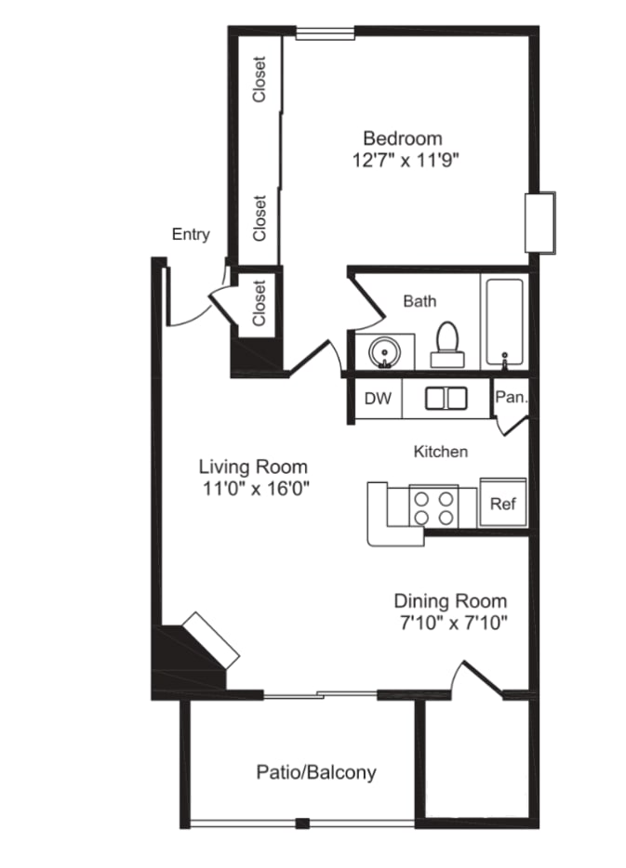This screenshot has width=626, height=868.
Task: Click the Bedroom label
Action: (x=402, y=138)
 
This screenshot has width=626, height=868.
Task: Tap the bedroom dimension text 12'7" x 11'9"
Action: (x=406, y=161)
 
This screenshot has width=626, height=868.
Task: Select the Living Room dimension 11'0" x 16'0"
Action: (x=256, y=489)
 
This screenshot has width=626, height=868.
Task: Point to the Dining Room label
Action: (x=450, y=600)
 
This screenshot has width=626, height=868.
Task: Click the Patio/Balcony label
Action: (x=316, y=771)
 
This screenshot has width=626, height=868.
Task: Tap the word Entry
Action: (x=191, y=234)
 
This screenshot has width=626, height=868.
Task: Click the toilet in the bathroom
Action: (x=447, y=345)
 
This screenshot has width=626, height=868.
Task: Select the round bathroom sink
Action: (x=384, y=351)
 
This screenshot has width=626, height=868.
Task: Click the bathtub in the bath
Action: (x=504, y=322)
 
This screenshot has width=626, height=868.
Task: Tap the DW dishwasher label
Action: (x=378, y=398)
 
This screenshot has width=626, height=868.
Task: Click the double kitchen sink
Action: (x=446, y=399)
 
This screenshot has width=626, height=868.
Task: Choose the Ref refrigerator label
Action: (x=503, y=504)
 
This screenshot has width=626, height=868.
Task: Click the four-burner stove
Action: (x=433, y=507)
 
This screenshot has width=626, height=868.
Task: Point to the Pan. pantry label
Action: (x=511, y=397)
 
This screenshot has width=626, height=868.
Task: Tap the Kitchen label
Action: (x=441, y=452)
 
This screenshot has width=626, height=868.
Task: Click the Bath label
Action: (x=420, y=301)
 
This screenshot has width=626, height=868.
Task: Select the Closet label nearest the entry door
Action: (x=260, y=302)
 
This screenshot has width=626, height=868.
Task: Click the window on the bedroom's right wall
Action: (x=540, y=222)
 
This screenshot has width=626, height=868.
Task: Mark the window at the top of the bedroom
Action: (x=325, y=33)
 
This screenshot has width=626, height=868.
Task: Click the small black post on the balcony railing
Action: (x=302, y=823)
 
